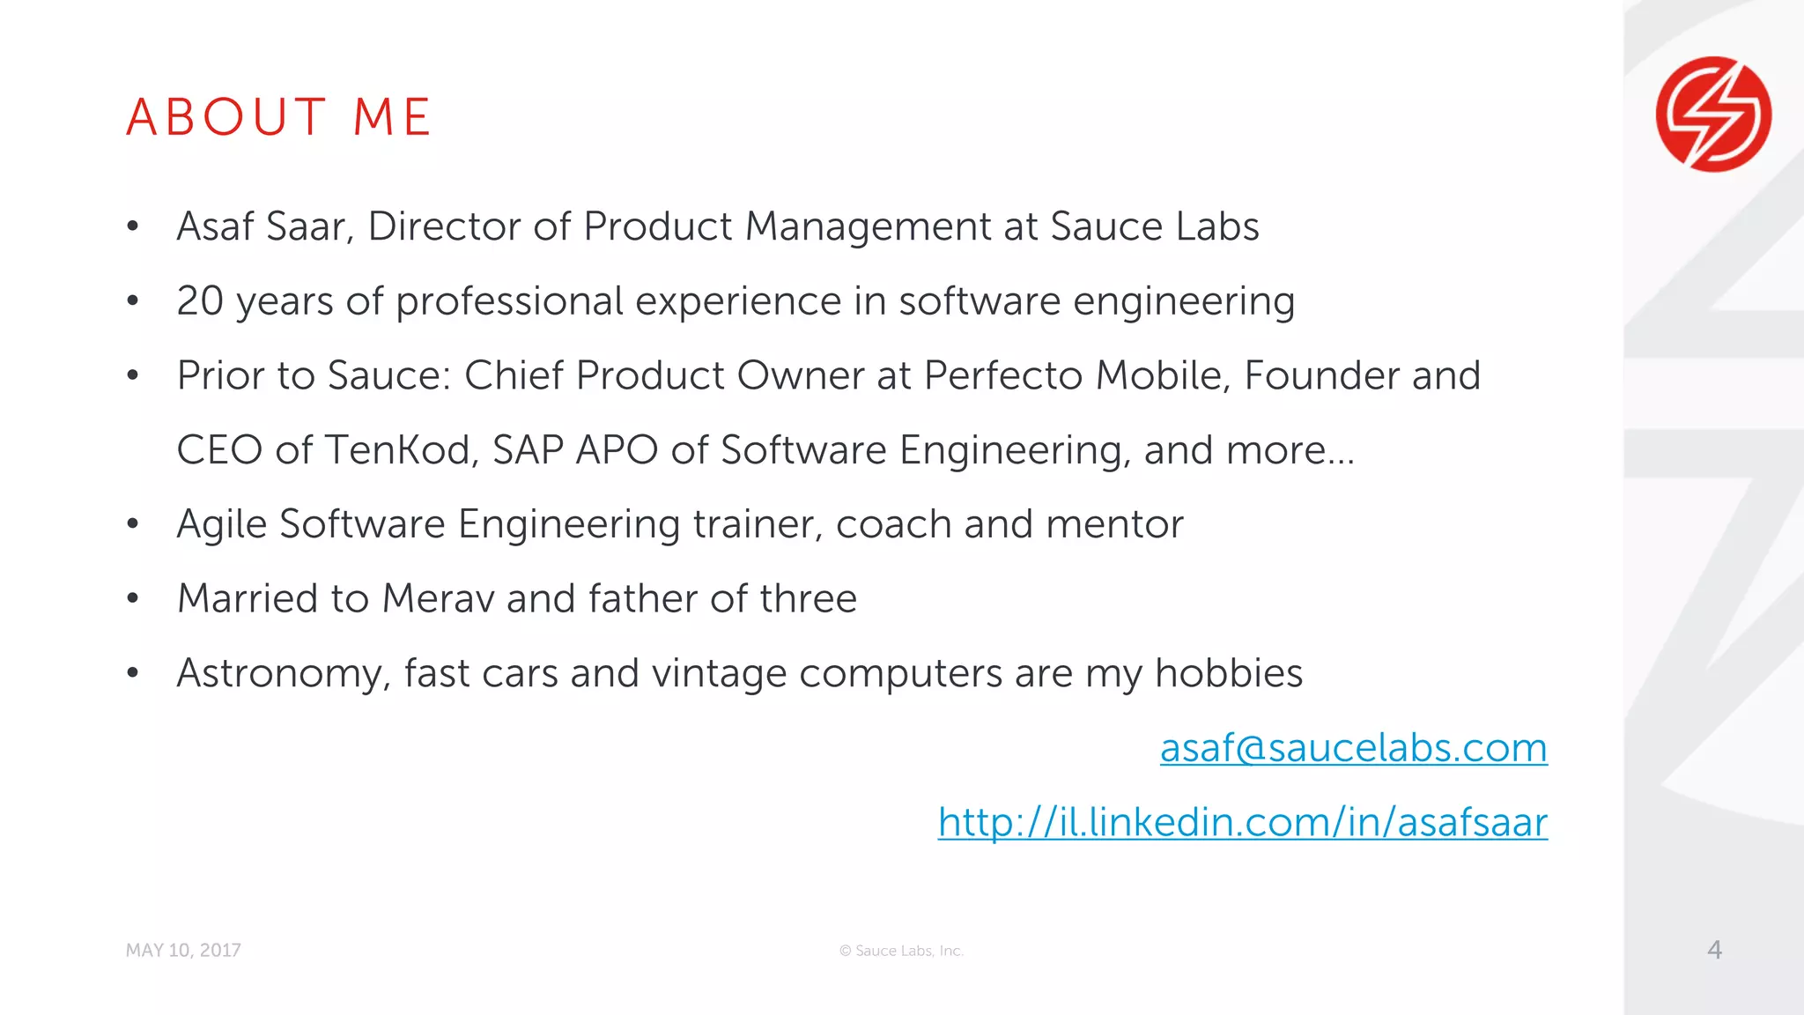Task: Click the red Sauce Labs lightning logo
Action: pos(1713,115)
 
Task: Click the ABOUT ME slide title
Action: pos(278,117)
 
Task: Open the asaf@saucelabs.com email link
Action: pos(1353,748)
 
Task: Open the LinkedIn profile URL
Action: pos(1242,822)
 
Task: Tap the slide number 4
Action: pos(1714,949)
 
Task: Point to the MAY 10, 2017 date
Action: pos(183,951)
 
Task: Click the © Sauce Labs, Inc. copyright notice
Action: pos(901,951)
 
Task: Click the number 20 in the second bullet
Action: pos(200,301)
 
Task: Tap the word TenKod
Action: pos(402,450)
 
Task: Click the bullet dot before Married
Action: pos(133,599)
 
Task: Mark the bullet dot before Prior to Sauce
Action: pos(133,376)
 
